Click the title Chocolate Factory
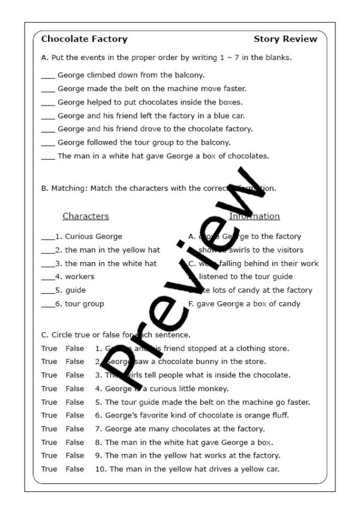click(84, 39)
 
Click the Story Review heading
click(285, 39)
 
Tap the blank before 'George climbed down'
click(48, 76)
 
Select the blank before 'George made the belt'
click(48, 89)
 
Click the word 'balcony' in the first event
click(189, 75)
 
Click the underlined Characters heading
click(86, 216)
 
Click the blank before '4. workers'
click(47, 278)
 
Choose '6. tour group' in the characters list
click(80, 303)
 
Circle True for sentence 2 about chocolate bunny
click(49, 362)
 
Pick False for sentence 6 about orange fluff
click(75, 415)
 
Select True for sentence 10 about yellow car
click(49, 469)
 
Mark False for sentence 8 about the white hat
click(75, 442)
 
